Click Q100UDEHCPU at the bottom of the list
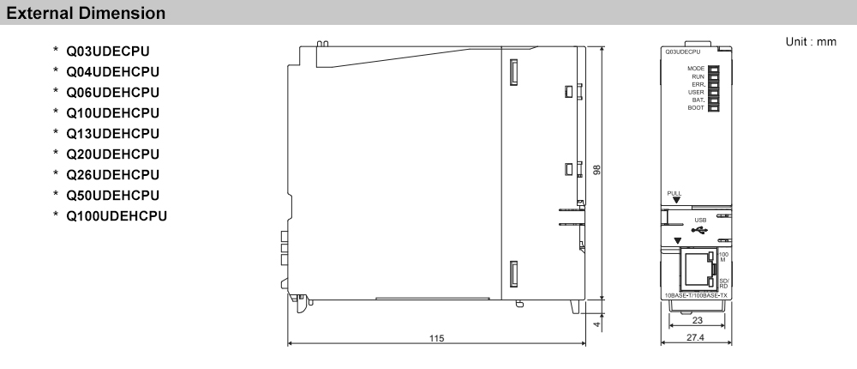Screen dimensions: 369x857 [x=116, y=215]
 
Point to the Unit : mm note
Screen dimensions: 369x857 [x=810, y=42]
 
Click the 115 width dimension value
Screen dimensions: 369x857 [x=437, y=339]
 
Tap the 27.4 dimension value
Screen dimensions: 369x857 [x=694, y=339]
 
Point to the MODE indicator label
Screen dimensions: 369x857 [x=695, y=68]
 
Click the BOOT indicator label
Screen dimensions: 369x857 [x=695, y=108]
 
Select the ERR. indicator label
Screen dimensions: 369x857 [x=698, y=84]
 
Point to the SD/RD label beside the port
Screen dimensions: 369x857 [x=723, y=282]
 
